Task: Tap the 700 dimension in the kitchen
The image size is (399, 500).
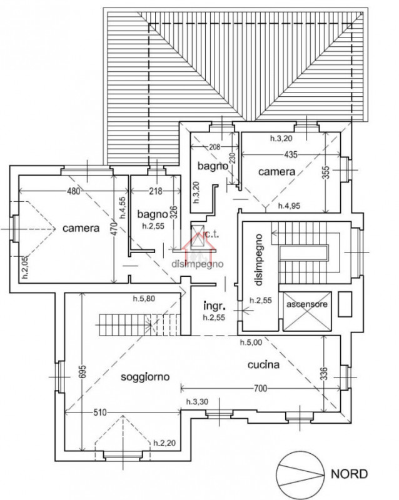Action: (x=260, y=389)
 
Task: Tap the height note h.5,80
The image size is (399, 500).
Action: (x=148, y=298)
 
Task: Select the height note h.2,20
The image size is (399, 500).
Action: (x=164, y=442)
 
